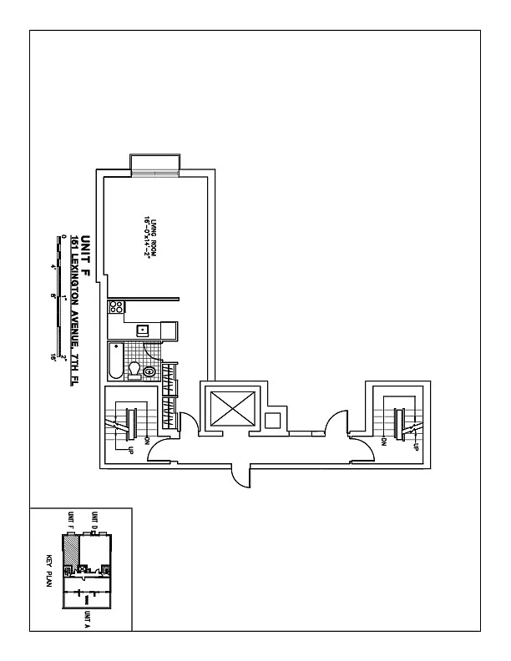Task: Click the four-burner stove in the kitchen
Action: (x=116, y=306)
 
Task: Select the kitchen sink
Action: (x=143, y=330)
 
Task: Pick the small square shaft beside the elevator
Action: (x=272, y=419)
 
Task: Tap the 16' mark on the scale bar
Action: (x=63, y=357)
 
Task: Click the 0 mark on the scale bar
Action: (x=63, y=237)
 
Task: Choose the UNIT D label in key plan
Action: (x=95, y=521)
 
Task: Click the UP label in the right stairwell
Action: (x=415, y=447)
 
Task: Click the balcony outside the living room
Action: (x=153, y=164)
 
